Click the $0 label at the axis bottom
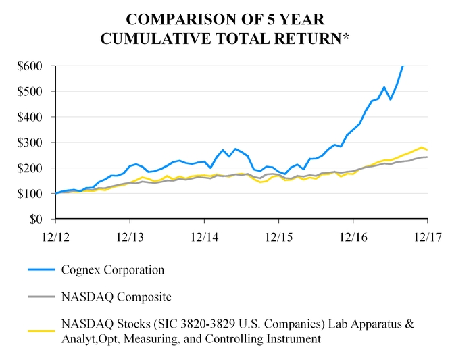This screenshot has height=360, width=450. click(x=38, y=220)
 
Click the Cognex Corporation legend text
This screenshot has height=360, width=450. click(x=112, y=269)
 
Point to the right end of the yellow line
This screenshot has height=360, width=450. click(x=427, y=149)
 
